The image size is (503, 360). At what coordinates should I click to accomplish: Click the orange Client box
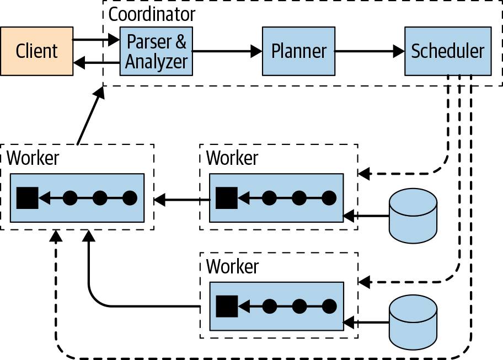(36, 51)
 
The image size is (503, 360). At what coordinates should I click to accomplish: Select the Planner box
(298, 51)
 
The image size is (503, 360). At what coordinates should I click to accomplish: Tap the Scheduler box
(447, 51)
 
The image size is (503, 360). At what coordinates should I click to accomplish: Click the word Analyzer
(157, 62)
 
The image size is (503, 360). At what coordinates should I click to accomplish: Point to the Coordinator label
(151, 14)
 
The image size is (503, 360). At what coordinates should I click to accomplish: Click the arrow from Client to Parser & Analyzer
(97, 40)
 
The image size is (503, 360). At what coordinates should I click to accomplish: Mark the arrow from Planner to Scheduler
(370, 52)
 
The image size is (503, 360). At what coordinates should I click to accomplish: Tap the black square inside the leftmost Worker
(27, 197)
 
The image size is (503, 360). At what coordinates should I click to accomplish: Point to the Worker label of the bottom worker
(232, 266)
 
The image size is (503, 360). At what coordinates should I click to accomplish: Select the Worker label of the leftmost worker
(33, 158)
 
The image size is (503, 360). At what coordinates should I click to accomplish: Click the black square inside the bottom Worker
(226, 306)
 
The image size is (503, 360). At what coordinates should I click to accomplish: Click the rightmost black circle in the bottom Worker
(329, 306)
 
